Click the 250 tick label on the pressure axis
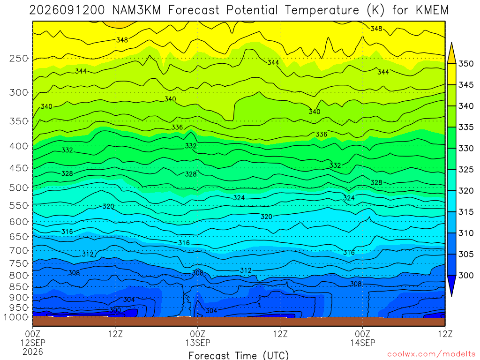[x=19, y=58]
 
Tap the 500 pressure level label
[x=19, y=187]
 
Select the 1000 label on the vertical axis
[x=16, y=317]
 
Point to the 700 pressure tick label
[x=19, y=250]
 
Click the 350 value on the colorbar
[x=465, y=64]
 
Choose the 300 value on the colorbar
[x=465, y=275]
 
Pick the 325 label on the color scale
[x=465, y=170]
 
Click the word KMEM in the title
[x=432, y=10]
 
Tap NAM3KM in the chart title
[x=136, y=10]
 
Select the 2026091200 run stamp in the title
[x=67, y=10]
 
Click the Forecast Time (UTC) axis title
[x=239, y=355]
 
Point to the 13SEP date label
[x=198, y=343]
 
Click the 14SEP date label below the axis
[x=363, y=343]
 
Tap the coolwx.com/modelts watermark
[x=431, y=354]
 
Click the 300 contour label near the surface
[x=115, y=310]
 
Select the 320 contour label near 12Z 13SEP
[x=266, y=217]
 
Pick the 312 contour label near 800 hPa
[x=246, y=270]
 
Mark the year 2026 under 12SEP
[x=33, y=352]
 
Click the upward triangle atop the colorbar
[x=451, y=53]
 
